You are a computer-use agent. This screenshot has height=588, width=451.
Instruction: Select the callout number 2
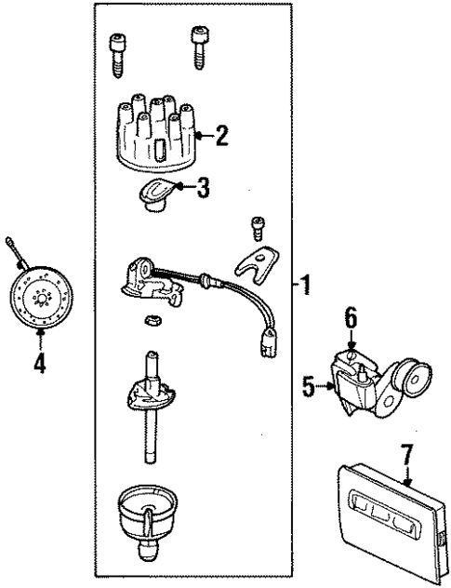click(x=220, y=137)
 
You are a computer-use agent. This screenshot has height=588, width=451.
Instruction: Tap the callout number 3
click(x=202, y=188)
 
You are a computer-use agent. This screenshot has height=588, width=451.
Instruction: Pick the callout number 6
click(x=350, y=317)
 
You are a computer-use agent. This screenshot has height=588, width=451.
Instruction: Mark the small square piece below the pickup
click(x=149, y=322)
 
